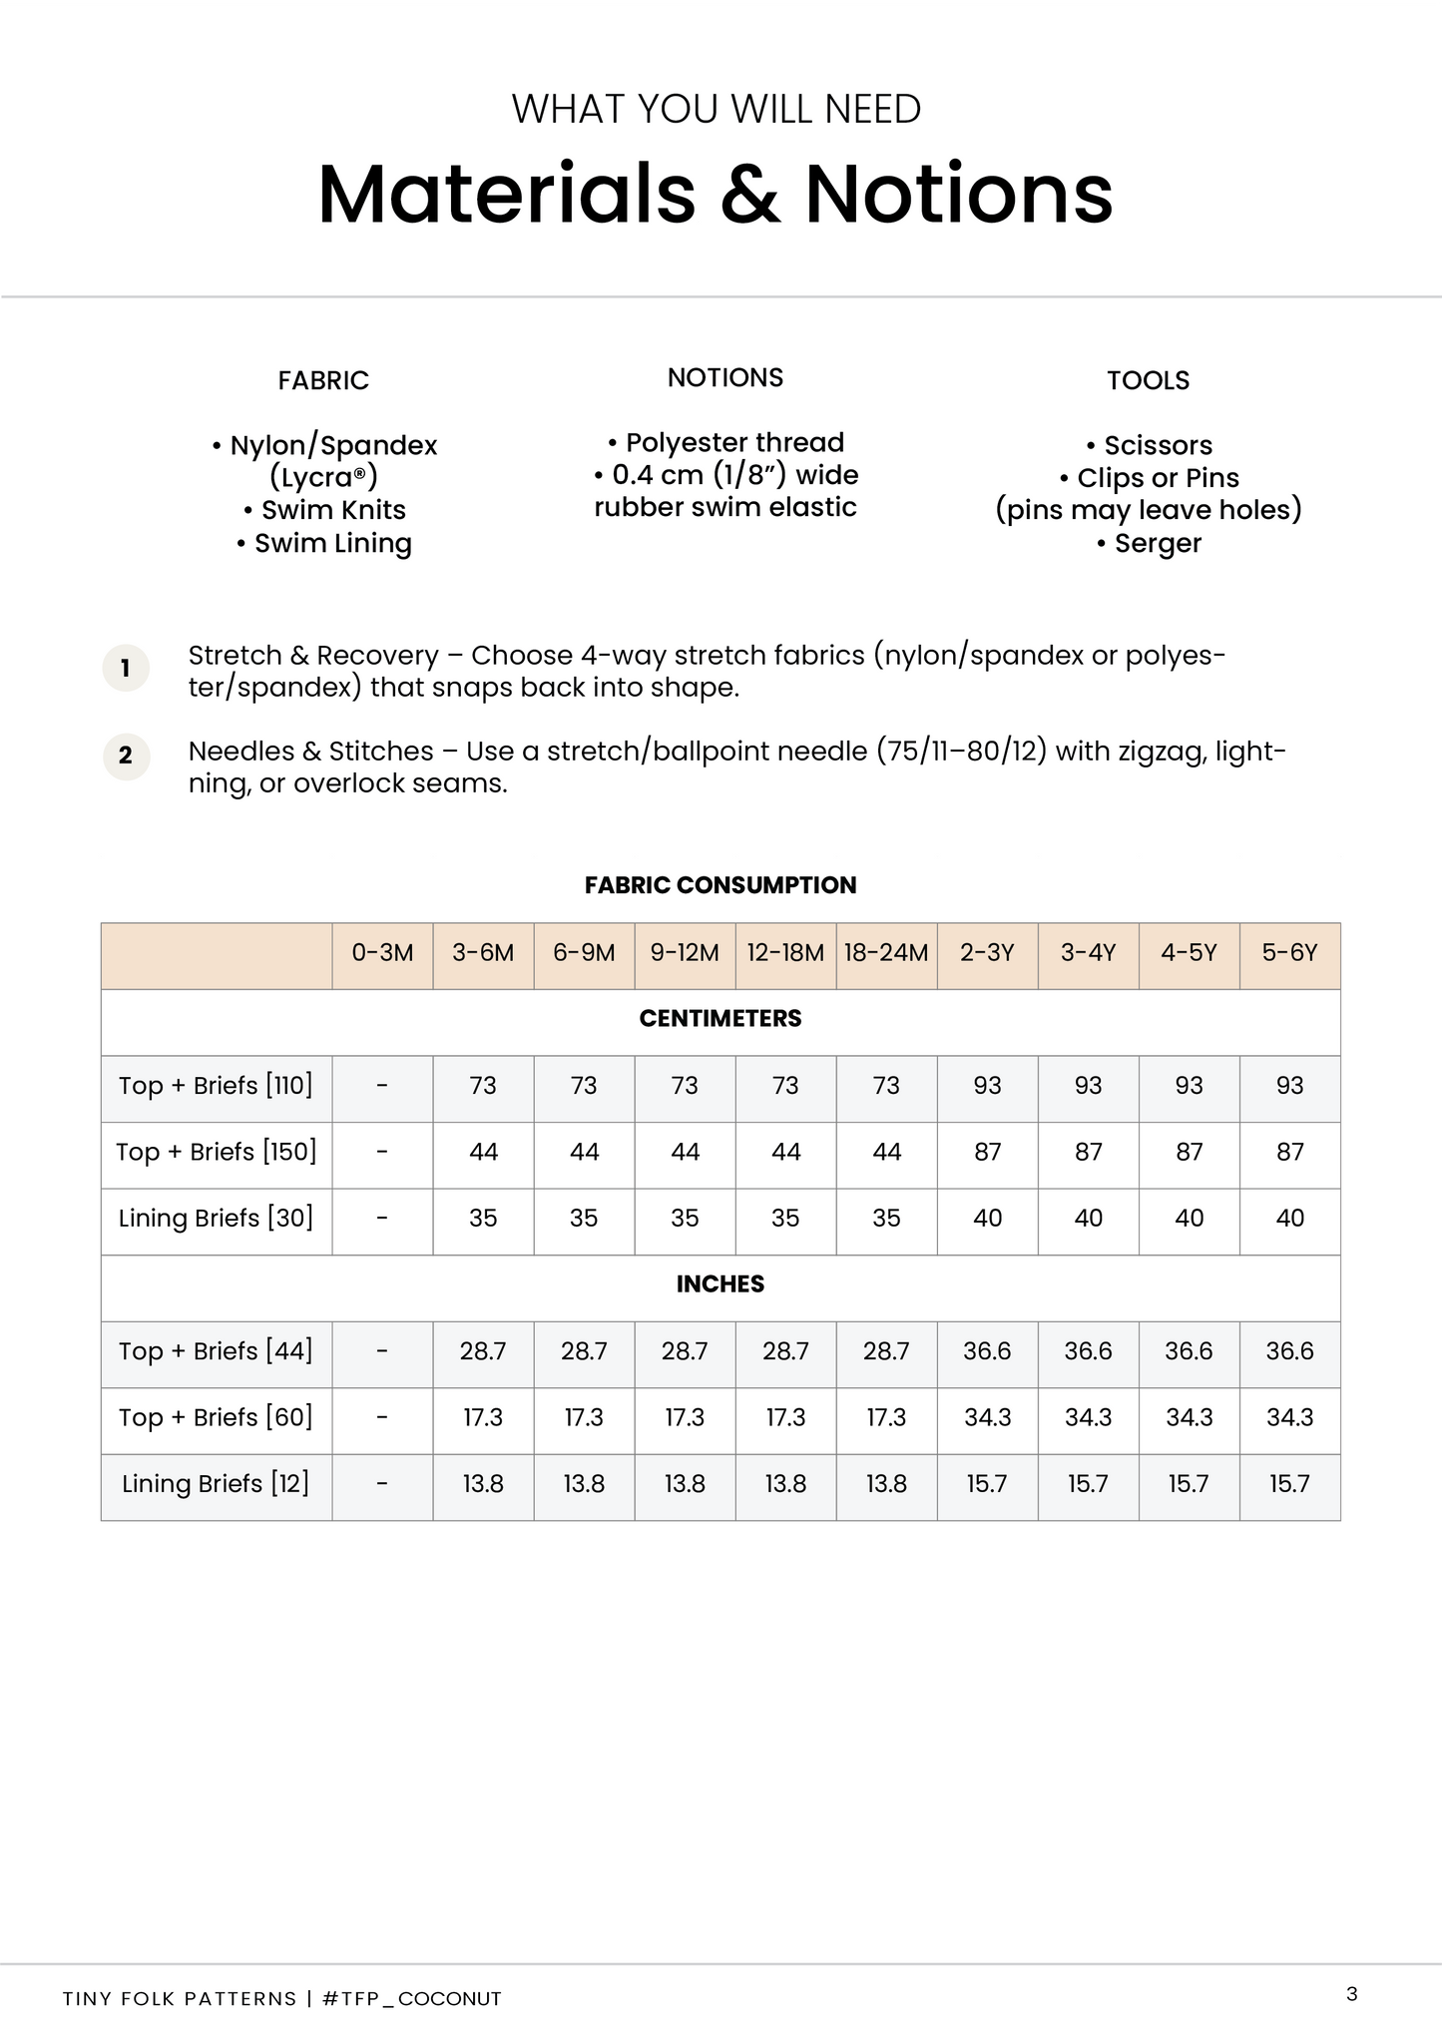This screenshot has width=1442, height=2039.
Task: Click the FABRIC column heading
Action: click(323, 380)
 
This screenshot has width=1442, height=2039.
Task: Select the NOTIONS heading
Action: click(725, 377)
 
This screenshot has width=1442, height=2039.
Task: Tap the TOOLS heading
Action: click(1148, 380)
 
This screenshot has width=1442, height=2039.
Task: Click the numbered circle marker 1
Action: click(126, 668)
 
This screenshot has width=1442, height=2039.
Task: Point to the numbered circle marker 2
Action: click(126, 756)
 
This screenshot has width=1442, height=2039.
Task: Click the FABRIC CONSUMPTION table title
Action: click(721, 885)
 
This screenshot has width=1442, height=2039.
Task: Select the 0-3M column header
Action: click(382, 953)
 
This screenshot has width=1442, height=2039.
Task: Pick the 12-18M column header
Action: click(785, 953)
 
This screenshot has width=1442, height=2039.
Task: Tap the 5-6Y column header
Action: click(1289, 953)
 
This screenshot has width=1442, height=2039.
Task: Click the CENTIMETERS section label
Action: click(721, 1019)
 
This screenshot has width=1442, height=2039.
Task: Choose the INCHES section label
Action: click(721, 1284)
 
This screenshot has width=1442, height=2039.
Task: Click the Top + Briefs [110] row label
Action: click(216, 1086)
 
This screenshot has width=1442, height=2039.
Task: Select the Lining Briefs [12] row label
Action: click(216, 1484)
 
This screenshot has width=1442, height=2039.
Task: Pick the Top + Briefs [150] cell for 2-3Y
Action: click(987, 1153)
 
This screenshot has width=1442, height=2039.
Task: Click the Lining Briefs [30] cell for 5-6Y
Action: click(1289, 1219)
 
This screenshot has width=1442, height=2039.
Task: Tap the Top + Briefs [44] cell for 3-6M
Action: click(483, 1351)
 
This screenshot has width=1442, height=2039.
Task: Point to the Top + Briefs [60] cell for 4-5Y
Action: click(1189, 1418)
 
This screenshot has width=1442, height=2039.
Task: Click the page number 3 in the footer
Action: click(1352, 1994)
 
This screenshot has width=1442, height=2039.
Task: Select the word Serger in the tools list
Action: click(1158, 544)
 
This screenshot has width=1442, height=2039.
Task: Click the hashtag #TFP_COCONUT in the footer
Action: click(412, 1998)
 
